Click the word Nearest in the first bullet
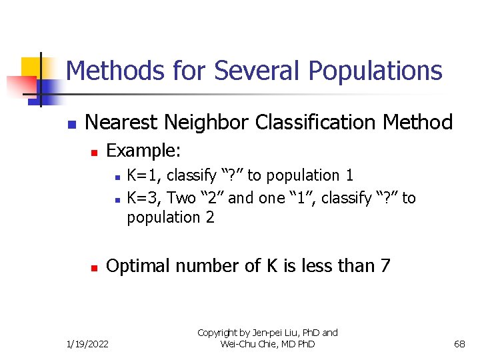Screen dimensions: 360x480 click(x=119, y=123)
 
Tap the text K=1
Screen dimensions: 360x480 click(x=141, y=176)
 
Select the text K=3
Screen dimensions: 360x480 click(x=141, y=198)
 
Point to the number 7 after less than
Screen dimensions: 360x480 click(x=385, y=266)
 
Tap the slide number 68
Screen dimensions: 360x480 click(x=459, y=343)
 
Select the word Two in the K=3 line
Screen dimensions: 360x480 click(x=181, y=198)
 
